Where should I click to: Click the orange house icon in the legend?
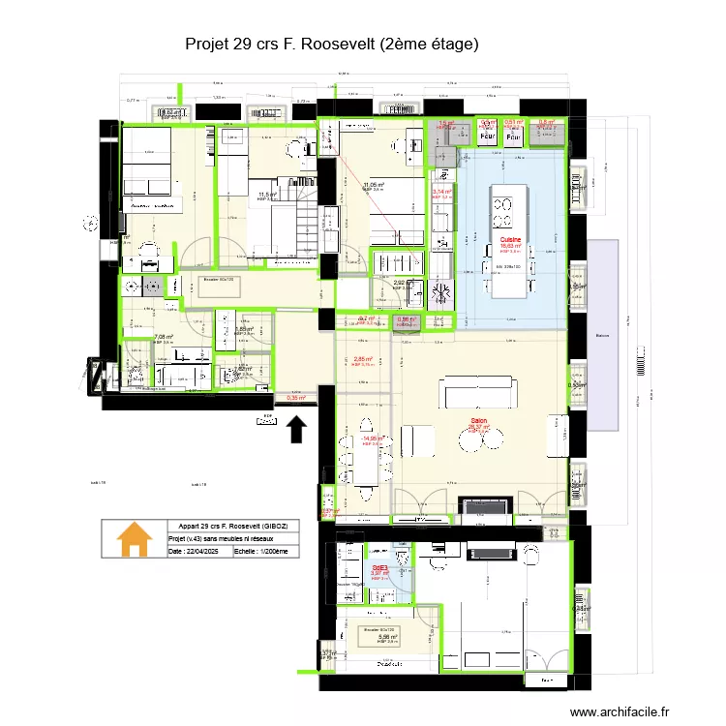coord(134,539)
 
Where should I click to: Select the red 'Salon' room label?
coord(478,421)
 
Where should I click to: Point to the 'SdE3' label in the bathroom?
coord(379,568)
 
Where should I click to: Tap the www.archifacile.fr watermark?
coord(619,711)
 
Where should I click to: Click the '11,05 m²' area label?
coord(373,185)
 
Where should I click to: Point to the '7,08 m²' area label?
coord(164,338)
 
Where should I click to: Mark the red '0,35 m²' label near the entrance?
coord(295,397)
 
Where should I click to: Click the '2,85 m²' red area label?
coord(364,360)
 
